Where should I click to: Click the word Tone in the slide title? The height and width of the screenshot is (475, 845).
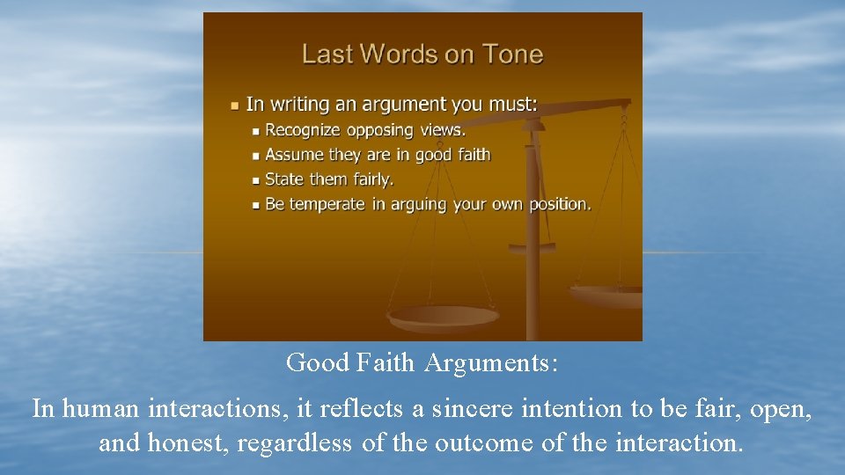click(x=514, y=55)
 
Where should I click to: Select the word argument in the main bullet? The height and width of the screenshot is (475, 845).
click(x=404, y=105)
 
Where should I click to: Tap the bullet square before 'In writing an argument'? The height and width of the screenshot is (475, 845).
click(x=234, y=106)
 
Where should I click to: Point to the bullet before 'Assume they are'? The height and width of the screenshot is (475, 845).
click(x=255, y=156)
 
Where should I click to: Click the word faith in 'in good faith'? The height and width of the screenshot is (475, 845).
click(x=474, y=155)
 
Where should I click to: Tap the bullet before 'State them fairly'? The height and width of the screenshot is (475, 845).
click(x=255, y=180)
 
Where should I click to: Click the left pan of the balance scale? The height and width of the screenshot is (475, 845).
click(x=443, y=315)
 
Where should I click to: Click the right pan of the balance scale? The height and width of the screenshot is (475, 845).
click(x=607, y=294)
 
